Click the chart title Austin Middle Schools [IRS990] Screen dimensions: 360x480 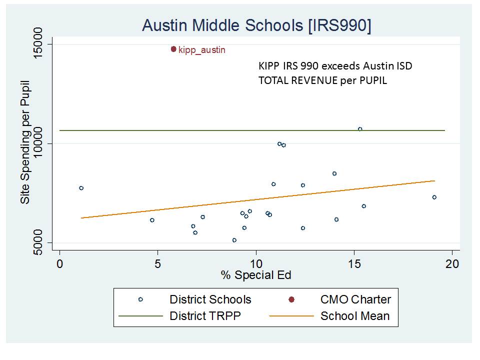coord(256,25)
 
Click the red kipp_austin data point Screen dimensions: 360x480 coord(173,49)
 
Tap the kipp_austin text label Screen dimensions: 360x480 coord(202,50)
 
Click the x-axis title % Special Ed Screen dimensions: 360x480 coord(256,275)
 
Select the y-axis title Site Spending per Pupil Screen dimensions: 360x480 coord(24,142)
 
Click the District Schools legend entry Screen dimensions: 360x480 coord(210,299)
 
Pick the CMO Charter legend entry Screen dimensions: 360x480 coord(355,299)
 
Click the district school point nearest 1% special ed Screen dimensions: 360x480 coord(81,188)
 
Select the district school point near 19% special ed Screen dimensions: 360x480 coord(434,197)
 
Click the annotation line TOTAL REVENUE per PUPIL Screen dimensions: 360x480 coord(322,80)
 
